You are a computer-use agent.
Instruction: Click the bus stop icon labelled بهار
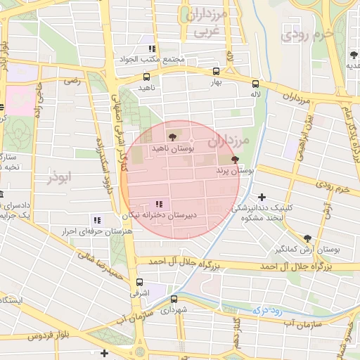pos(216,71)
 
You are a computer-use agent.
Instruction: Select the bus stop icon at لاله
pos(255,82)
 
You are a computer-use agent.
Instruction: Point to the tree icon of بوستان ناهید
pos(172,136)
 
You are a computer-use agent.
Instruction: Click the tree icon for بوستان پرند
pos(234,160)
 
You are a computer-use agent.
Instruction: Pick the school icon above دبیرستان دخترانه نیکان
pos(166,203)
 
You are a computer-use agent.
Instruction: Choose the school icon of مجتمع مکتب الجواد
pos(152,49)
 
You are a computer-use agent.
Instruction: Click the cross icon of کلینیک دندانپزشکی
pos(262,198)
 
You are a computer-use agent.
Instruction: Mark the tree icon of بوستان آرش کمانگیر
pos(307,238)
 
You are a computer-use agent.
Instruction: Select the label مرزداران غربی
pos(205,22)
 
